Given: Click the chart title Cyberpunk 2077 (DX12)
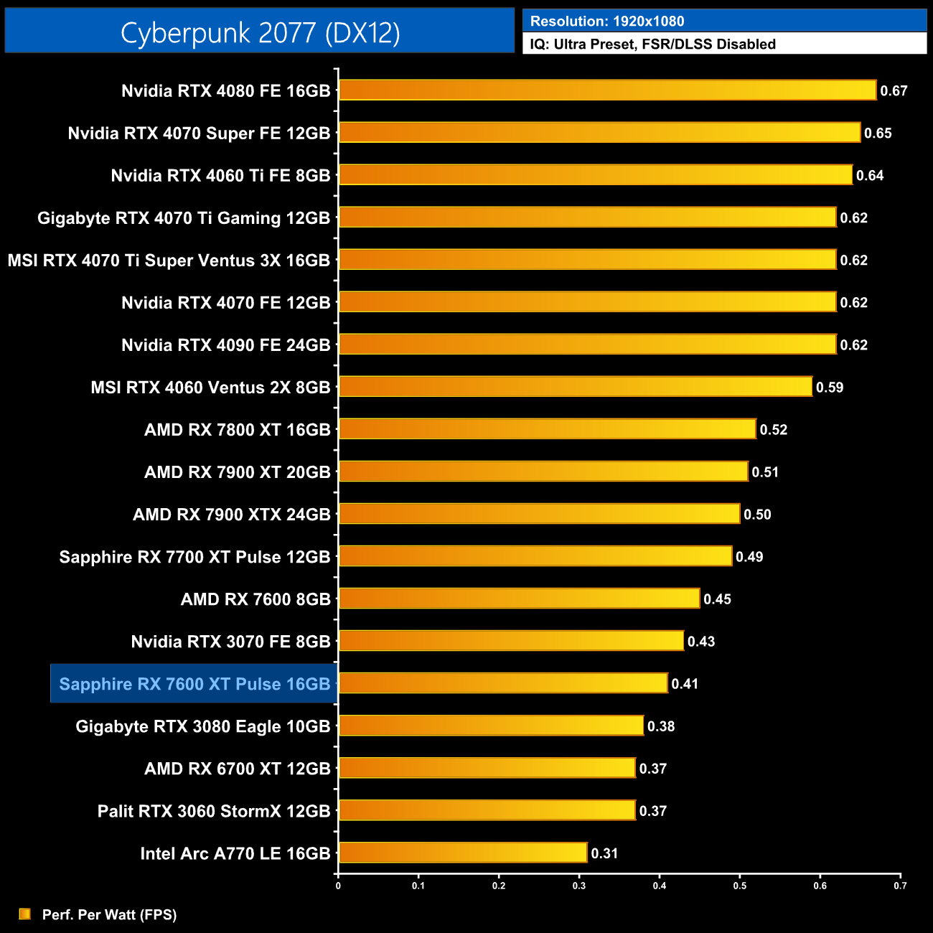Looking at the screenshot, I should point(260,32).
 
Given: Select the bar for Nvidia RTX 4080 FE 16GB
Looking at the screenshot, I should point(607,90).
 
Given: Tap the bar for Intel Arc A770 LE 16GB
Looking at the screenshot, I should point(463,853).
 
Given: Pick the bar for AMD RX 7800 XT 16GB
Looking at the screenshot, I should point(547,429).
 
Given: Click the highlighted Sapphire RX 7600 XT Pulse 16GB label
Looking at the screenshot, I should point(194,684).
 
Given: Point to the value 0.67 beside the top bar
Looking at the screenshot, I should point(894,91).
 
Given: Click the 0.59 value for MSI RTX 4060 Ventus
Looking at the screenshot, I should point(829,388).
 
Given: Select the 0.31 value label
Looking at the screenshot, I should point(604,853).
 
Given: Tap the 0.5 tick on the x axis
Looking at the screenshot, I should point(739,886).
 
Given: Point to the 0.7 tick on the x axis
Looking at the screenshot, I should point(900,886).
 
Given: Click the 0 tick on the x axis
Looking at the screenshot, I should point(338,886).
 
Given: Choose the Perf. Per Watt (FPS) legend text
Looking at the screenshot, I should point(109,914).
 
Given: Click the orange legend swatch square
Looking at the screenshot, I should point(25,914).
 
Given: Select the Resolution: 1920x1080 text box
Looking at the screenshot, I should point(724,21).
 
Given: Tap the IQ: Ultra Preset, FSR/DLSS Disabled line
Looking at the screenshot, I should point(652,44).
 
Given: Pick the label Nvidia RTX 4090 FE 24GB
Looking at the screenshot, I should point(225,345).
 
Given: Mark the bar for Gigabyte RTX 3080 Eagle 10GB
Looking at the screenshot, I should point(491,726).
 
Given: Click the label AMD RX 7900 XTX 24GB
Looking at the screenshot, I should point(231,515).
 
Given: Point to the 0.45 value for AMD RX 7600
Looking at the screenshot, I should point(717,599).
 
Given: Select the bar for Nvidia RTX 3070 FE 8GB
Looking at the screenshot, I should point(511,641).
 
